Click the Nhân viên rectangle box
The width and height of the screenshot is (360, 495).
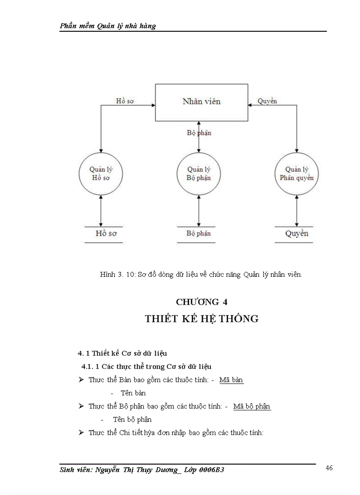(201, 102)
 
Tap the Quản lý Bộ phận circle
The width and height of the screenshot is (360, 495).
(199, 174)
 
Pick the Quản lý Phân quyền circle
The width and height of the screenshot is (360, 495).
(296, 174)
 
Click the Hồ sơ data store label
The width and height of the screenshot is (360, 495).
(106, 234)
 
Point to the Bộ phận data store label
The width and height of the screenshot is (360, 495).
(198, 234)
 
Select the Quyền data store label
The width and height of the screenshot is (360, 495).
(296, 234)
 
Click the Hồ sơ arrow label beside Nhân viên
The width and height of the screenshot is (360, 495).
(125, 101)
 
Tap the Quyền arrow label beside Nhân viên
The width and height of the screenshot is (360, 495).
(267, 101)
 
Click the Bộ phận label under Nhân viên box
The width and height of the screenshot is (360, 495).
(199, 133)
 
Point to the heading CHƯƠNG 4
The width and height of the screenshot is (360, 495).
(202, 302)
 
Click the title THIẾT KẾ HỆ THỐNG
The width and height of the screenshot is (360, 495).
(202, 319)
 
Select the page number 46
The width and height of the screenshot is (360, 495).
(329, 468)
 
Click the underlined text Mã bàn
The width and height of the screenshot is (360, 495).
(231, 380)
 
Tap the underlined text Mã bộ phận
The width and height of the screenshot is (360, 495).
(252, 406)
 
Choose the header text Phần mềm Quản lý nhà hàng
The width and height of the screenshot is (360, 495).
(108, 26)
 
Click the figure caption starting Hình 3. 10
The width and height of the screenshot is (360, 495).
(201, 275)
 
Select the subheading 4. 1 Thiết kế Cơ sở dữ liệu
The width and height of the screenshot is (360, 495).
(122, 353)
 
